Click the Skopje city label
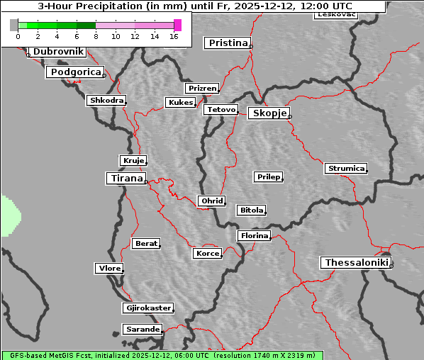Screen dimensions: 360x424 point(268,113)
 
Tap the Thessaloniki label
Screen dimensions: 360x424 point(357,263)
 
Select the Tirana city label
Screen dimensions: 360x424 point(125,179)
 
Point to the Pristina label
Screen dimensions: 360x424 point(228,43)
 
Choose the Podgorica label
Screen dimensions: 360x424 point(75,72)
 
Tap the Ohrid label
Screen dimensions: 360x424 point(212,201)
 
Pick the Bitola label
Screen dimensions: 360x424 point(251,210)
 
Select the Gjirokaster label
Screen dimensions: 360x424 point(147,308)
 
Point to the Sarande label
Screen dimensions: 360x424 point(142,330)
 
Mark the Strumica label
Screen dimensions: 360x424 point(346,169)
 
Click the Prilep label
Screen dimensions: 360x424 point(269,176)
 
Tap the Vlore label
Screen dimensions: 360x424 point(109,269)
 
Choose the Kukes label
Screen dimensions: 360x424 point(180,103)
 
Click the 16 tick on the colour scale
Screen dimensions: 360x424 point(174,36)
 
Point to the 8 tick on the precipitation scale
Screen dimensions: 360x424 point(96,36)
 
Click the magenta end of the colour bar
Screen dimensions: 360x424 point(177,25)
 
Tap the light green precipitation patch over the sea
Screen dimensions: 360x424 point(9,216)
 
